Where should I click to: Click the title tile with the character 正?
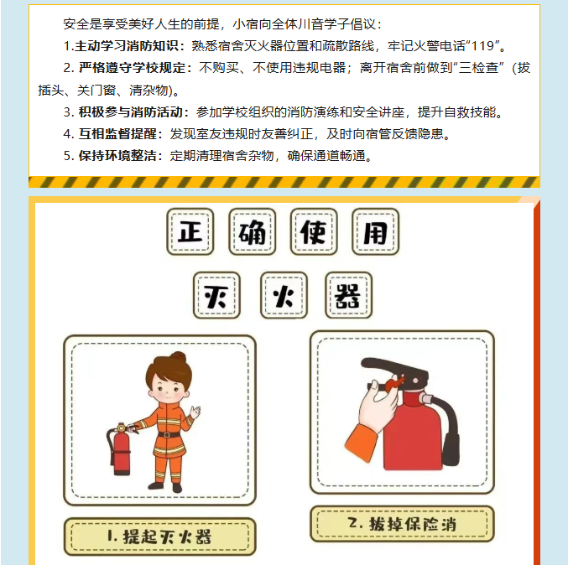point(190,231)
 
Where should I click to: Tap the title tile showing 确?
point(253,231)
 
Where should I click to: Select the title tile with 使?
point(314,231)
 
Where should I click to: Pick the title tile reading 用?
point(376,231)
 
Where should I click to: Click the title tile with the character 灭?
point(216,295)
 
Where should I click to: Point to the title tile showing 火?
point(284,295)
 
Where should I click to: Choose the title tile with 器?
point(348,295)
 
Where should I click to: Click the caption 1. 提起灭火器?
point(159,536)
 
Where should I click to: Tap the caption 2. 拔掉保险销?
point(402,524)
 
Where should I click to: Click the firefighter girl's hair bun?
point(178,357)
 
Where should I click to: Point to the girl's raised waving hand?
point(195,412)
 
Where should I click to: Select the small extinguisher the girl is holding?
point(120,448)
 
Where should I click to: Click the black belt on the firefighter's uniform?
point(169,434)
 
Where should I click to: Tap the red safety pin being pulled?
point(394,384)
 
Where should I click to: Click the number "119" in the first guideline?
point(483,46)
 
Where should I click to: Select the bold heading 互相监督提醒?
point(117,134)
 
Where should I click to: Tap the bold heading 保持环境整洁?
point(117,156)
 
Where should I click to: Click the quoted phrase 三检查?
point(478,68)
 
